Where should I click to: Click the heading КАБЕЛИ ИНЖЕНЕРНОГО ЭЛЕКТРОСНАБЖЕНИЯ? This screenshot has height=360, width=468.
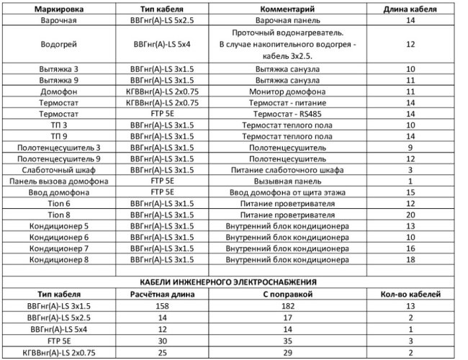233,282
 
